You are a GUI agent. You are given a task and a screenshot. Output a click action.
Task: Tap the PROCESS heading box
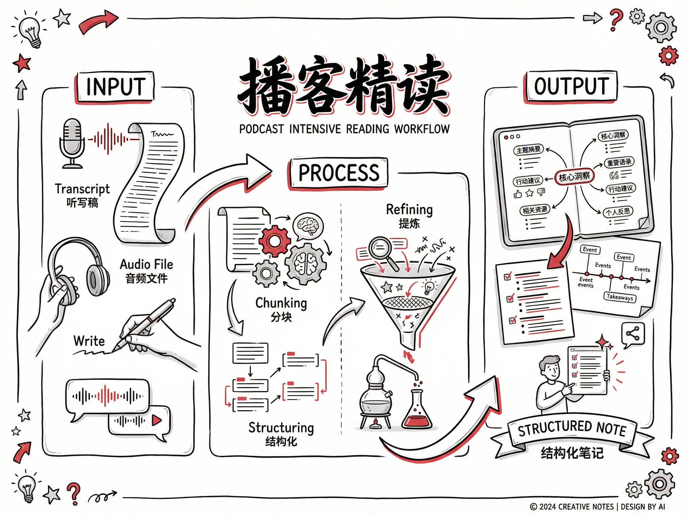pyautogui.click(x=339, y=173)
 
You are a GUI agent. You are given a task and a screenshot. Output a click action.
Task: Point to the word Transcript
pyautogui.click(x=82, y=189)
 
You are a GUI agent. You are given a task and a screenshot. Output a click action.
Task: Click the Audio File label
pyautogui.click(x=146, y=264)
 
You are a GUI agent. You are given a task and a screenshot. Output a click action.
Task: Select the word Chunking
pyautogui.click(x=281, y=303)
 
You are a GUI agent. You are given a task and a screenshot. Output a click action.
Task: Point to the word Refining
pyautogui.click(x=409, y=210)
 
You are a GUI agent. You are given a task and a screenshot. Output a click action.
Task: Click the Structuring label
pyautogui.click(x=281, y=428)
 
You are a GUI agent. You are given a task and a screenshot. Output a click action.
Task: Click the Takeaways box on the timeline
pyautogui.click(x=620, y=297)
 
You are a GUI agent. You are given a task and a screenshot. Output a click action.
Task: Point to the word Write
pyautogui.click(x=89, y=341)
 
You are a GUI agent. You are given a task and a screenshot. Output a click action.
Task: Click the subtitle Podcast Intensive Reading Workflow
pyautogui.click(x=344, y=129)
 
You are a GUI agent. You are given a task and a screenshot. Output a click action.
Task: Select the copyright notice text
pyautogui.click(x=597, y=507)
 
